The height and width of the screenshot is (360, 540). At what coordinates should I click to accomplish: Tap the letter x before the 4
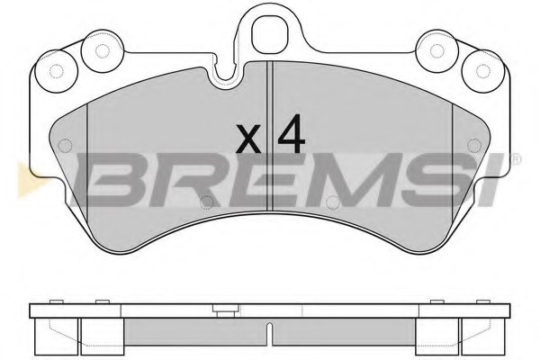tap(249, 139)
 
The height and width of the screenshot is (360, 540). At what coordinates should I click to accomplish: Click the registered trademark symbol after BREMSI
tap(515, 159)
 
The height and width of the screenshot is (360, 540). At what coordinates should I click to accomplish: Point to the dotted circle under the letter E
tap(207, 202)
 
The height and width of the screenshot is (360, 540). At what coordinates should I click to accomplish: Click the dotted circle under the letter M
tap(332, 202)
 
